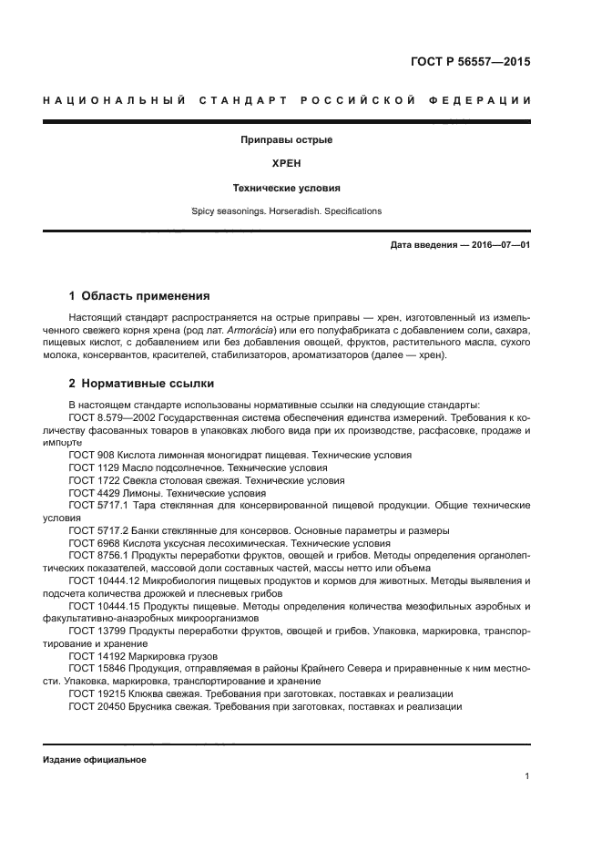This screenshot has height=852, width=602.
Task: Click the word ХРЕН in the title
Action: (x=286, y=164)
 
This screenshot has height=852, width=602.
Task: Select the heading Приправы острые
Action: (x=286, y=140)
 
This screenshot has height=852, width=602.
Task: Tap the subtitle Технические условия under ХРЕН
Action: (x=286, y=188)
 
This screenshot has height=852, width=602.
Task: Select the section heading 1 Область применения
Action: (x=139, y=296)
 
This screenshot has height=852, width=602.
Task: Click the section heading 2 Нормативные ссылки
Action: (x=141, y=384)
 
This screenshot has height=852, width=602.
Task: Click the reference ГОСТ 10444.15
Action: (x=102, y=605)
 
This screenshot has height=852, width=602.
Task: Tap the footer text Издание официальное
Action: (x=94, y=759)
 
